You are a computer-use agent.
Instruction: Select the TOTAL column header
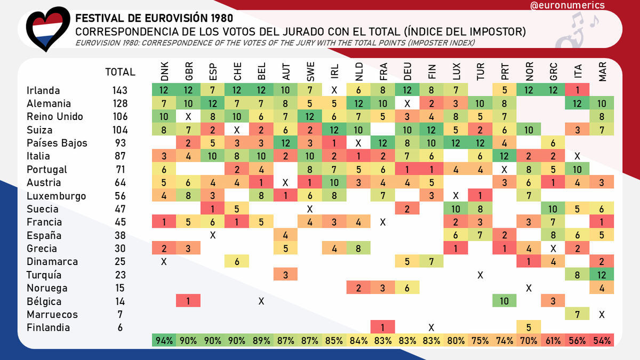pos(120,72)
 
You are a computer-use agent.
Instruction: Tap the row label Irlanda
pos(43,91)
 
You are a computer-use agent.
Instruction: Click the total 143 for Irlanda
pos(120,91)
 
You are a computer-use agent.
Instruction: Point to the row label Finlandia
pos(48,328)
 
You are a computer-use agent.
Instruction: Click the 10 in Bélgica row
pos(505,301)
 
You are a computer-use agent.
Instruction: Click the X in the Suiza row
pos(237,130)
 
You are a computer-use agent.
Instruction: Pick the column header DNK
pos(164,72)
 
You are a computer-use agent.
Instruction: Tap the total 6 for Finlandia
pos(120,328)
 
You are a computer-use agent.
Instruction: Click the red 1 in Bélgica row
pos(188,301)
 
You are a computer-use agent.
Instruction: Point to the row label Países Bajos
pos(57,143)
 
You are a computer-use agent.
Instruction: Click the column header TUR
pos(480,72)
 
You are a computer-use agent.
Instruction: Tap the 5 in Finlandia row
pos(529,328)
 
